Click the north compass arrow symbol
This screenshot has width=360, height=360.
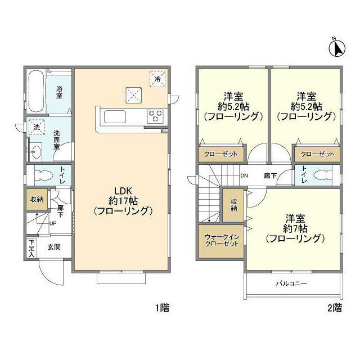pyautogui.click(x=337, y=48)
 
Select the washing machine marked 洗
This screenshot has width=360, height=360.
pyautogui.click(x=37, y=127)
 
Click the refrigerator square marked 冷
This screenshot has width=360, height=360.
pyautogui.click(x=157, y=79)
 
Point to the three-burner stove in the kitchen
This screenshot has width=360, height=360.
pyautogui.click(x=155, y=116)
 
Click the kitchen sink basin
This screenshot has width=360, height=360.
pyautogui.click(x=115, y=117)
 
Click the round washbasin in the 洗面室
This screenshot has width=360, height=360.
pyautogui.click(x=35, y=152)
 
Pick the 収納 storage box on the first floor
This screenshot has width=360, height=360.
pyautogui.click(x=37, y=199)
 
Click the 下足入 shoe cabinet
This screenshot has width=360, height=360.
pyautogui.click(x=31, y=248)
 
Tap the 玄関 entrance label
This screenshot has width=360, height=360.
pyautogui.click(x=54, y=247)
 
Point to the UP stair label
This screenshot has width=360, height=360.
pyautogui.click(x=53, y=223)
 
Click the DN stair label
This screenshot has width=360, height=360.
pyautogui.click(x=244, y=175)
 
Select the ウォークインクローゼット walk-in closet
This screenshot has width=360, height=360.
pyautogui.click(x=221, y=241)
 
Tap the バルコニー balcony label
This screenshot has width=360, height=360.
pyautogui.click(x=291, y=283)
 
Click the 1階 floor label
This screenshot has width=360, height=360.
pyautogui.click(x=163, y=308)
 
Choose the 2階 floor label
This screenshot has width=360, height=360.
pyautogui.click(x=335, y=308)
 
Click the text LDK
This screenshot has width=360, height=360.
pyautogui.click(x=123, y=191)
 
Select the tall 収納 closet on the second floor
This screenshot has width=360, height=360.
pyautogui.click(x=233, y=205)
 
